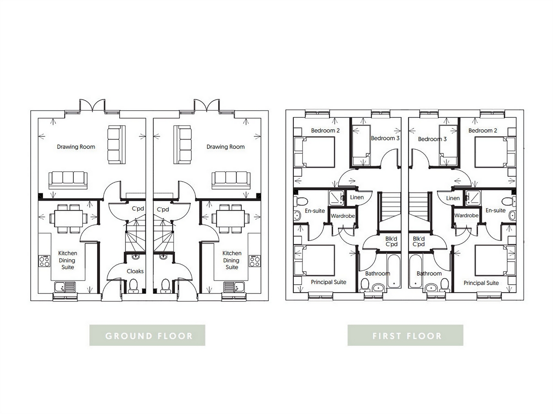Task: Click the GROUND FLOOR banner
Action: (147, 335)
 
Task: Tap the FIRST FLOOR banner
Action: (406, 335)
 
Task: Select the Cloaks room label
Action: (135, 271)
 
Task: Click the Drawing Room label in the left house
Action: (76, 147)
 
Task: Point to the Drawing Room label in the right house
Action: (225, 147)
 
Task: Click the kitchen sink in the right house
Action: (234, 286)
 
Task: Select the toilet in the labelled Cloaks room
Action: (134, 285)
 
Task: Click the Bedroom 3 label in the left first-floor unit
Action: (385, 138)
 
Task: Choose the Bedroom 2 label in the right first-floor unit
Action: (483, 130)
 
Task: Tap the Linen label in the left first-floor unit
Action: (356, 198)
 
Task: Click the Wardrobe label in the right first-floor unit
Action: (466, 216)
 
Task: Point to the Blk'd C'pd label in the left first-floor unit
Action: (391, 242)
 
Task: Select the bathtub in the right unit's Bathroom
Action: (416, 270)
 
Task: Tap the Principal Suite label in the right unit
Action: (481, 283)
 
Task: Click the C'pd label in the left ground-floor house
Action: (138, 209)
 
